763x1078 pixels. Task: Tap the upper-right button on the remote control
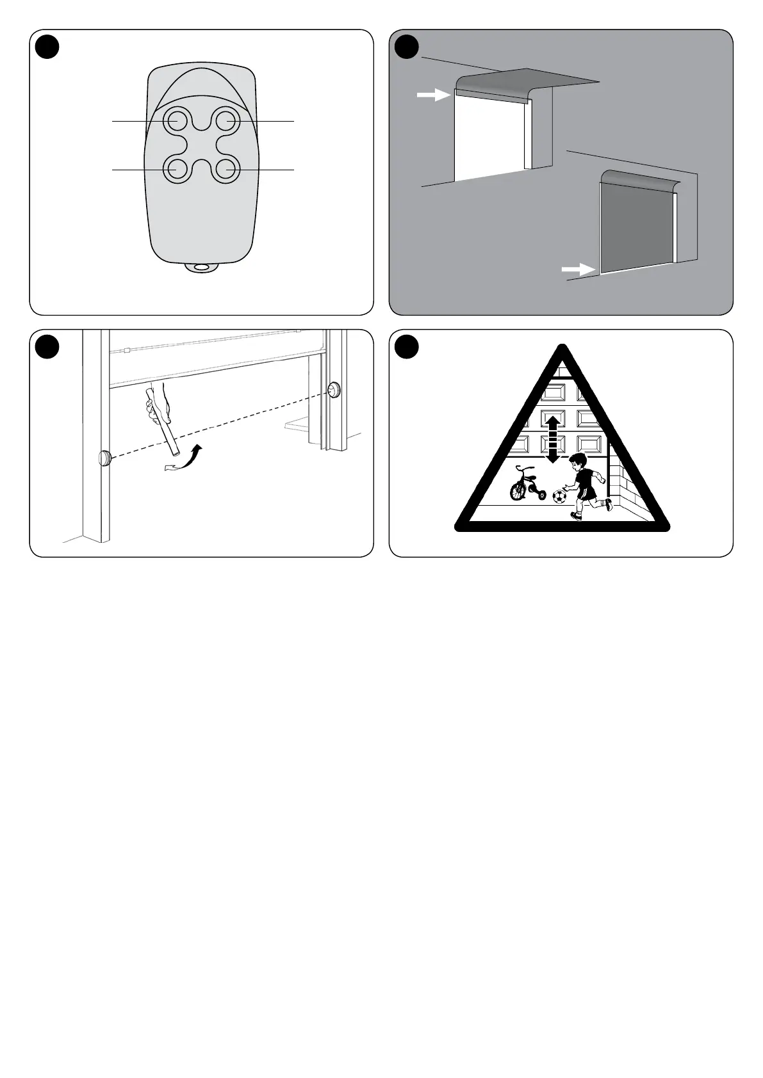coord(227,120)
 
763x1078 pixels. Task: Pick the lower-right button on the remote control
coord(227,170)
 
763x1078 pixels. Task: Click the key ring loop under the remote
coord(202,268)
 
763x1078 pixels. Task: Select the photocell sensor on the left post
coord(104,457)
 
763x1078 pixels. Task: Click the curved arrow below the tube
coord(186,460)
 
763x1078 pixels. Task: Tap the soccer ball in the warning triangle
coord(559,497)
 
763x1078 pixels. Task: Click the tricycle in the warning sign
coord(527,485)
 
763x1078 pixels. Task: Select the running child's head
coord(579,462)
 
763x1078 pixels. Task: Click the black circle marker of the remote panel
coord(47,46)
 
